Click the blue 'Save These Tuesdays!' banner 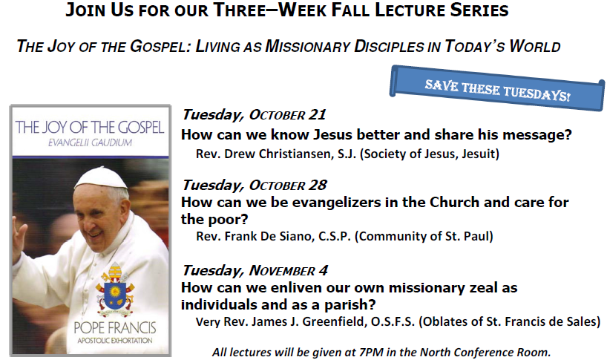pos(497,88)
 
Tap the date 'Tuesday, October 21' pos(254,114)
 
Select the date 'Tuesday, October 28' pos(255,185)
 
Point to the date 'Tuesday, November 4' pos(255,270)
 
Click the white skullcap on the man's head pos(100,178)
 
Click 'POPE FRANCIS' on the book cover pos(115,328)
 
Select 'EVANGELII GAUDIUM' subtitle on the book pos(90,143)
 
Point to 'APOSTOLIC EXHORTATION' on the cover pos(115,341)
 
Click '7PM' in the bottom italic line pos(370,353)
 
